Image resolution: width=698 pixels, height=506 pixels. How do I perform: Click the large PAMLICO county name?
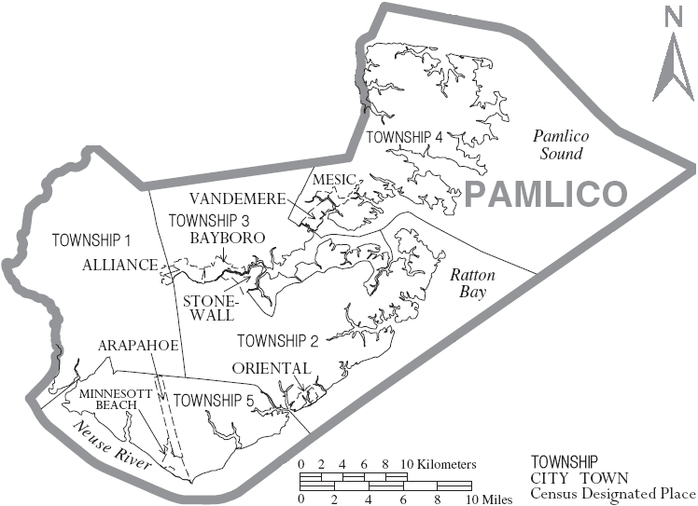(x=545, y=195)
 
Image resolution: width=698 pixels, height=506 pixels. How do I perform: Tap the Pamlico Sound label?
(x=557, y=144)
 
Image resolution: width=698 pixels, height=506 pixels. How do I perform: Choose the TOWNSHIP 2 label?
(x=279, y=339)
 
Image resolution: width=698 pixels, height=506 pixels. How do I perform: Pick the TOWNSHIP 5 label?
(x=212, y=401)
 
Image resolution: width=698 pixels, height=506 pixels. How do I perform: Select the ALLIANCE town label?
(x=120, y=265)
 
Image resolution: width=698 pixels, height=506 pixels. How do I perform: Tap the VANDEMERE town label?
(x=231, y=198)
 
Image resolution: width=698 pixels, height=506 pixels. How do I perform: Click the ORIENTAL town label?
(x=272, y=368)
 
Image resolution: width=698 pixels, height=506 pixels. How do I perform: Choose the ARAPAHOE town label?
(x=137, y=346)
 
